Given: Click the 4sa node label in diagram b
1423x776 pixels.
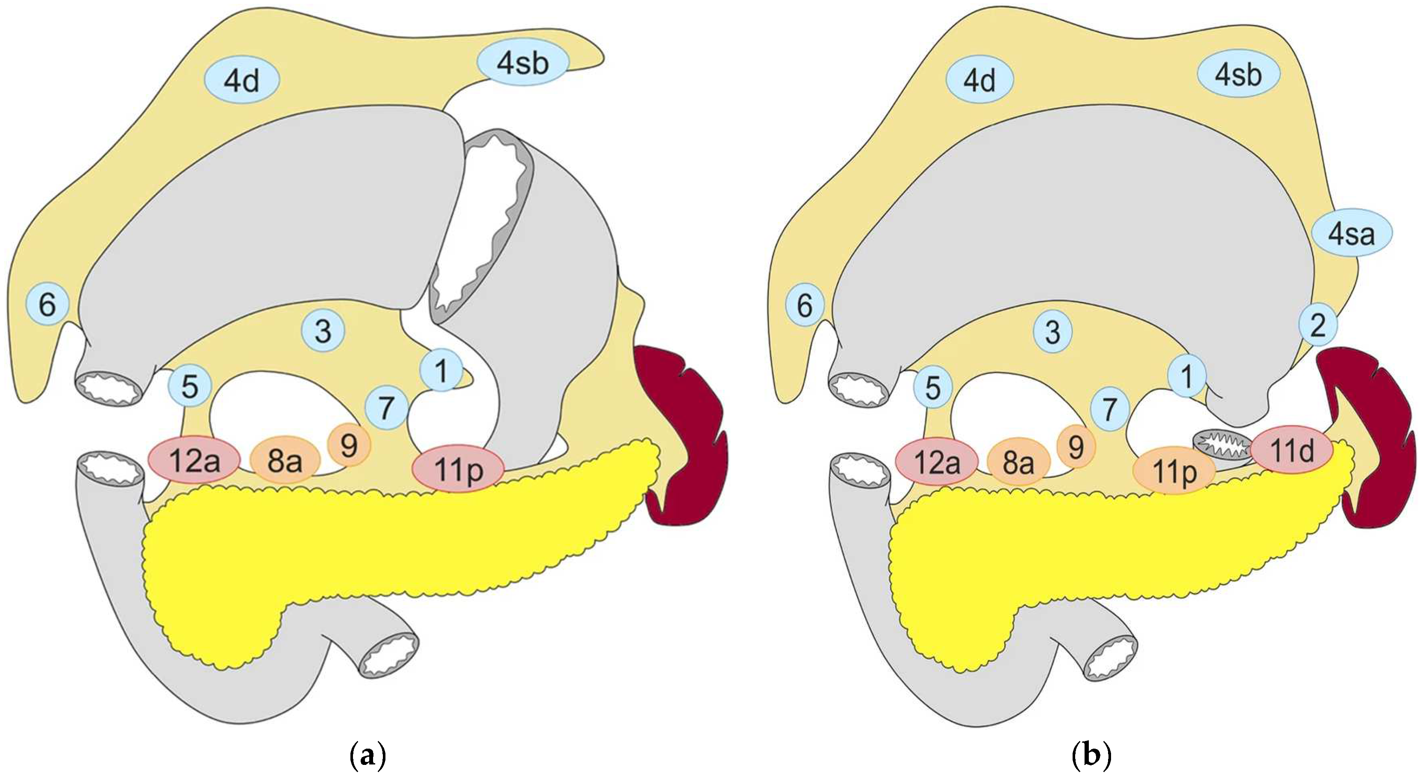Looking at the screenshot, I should (x=1352, y=235).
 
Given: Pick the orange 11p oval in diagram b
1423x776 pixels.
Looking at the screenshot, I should (x=1174, y=470).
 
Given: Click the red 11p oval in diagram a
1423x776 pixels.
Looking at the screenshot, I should (x=459, y=468).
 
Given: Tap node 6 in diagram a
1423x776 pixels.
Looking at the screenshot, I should (x=47, y=303).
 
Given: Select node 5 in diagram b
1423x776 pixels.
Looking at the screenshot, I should (x=933, y=388).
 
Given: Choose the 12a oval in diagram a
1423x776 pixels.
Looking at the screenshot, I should (x=194, y=461).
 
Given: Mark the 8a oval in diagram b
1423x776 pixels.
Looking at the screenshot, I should (x=1018, y=462).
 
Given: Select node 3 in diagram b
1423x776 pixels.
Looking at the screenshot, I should (x=1053, y=332).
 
